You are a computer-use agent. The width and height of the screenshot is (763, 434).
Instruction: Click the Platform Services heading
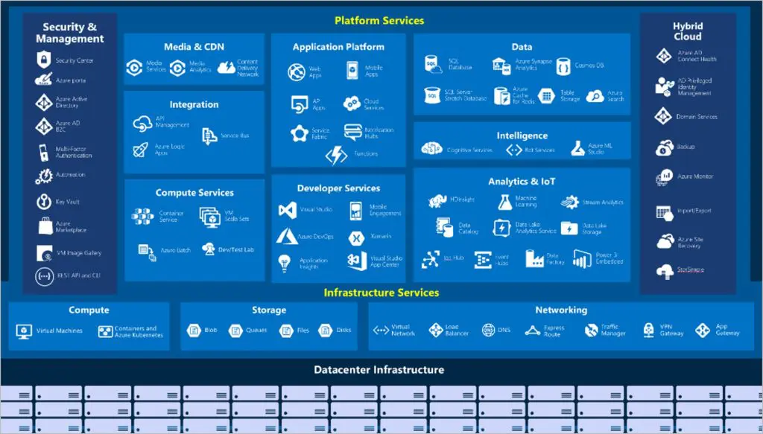[379, 21]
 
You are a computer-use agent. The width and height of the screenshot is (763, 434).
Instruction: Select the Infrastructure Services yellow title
[381, 293]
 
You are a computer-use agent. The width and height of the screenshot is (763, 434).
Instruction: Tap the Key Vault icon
[42, 202]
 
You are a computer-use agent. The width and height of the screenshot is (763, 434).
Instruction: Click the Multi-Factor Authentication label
[74, 152]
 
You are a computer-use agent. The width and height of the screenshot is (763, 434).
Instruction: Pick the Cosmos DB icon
[563, 66]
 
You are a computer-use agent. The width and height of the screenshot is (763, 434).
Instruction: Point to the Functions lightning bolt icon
[337, 155]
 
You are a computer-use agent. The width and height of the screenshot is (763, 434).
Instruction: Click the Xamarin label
[382, 237]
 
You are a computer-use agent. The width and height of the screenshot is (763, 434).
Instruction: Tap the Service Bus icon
[209, 135]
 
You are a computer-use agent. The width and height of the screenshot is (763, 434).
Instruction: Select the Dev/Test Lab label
[235, 249]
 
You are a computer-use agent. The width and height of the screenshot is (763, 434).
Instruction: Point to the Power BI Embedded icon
[582, 258]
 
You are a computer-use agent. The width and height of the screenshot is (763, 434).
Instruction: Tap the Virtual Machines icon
[25, 331]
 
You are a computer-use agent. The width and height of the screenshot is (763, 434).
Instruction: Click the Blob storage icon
[193, 331]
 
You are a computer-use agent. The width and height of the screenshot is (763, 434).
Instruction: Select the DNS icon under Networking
[489, 331]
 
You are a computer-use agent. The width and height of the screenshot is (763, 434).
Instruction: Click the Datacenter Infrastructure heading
[379, 370]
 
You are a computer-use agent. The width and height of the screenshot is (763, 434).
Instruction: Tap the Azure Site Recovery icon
[665, 241]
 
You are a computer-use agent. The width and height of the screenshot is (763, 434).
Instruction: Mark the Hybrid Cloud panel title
[687, 31]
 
